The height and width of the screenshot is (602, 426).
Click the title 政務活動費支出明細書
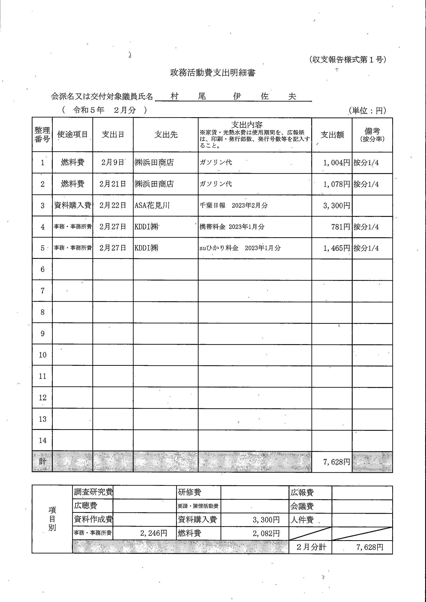(x=212, y=73)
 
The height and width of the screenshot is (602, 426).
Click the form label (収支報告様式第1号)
(x=348, y=60)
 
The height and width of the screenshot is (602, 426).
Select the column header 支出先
(x=166, y=134)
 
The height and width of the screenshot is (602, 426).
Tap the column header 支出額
(x=332, y=135)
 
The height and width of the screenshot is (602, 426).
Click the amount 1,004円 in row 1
(x=337, y=163)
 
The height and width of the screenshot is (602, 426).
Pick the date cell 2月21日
(x=113, y=184)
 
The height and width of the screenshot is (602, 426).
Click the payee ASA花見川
(x=152, y=205)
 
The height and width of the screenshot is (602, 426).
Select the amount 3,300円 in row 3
(x=337, y=206)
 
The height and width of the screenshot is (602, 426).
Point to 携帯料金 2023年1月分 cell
(x=232, y=227)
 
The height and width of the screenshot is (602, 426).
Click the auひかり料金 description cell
(x=240, y=248)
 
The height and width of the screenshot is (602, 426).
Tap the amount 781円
(x=340, y=227)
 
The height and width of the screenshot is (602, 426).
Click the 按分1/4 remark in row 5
(x=366, y=248)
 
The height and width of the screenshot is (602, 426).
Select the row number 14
(x=43, y=440)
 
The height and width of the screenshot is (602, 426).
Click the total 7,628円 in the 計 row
(x=337, y=462)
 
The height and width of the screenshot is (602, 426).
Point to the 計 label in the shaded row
(x=43, y=462)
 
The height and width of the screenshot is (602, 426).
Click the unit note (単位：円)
(x=368, y=111)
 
